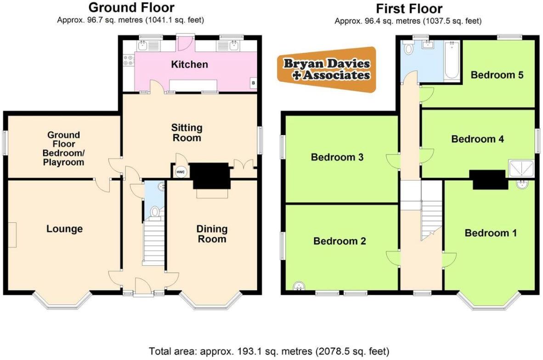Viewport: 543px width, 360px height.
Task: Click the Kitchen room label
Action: pos(189,64)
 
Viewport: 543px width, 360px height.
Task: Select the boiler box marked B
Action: pos(253,83)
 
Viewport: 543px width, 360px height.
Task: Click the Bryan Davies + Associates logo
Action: pos(326,69)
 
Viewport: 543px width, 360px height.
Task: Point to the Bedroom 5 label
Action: pos(497,75)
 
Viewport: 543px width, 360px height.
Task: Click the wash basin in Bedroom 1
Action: pos(523,185)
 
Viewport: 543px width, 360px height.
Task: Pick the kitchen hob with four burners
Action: pos(128,61)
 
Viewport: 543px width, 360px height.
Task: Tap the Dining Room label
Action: pos(212,234)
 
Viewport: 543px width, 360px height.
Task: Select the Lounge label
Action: pos(64,229)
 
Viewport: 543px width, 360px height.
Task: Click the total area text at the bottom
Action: pos(269,351)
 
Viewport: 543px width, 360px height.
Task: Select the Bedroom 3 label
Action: pos(337,157)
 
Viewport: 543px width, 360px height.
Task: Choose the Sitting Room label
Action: pos(187,133)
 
